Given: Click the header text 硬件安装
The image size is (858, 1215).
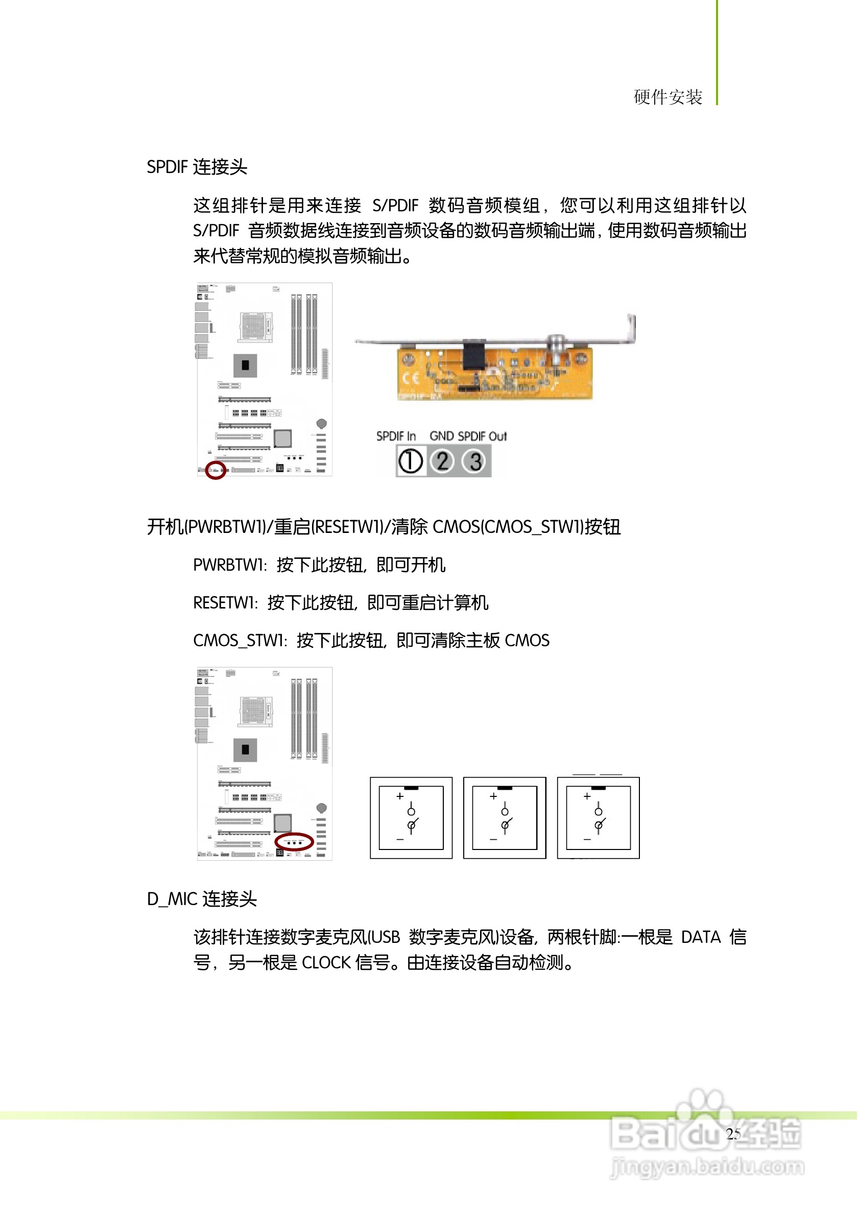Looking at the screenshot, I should (x=668, y=98).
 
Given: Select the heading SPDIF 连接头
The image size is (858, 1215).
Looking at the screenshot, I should (x=197, y=167).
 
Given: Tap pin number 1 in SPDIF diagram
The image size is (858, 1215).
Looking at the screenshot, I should (x=410, y=461).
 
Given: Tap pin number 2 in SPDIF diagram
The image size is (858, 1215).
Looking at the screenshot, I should (x=442, y=461).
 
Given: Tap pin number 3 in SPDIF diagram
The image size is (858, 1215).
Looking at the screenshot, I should (x=475, y=461).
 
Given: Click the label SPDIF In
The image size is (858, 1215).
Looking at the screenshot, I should (x=396, y=436).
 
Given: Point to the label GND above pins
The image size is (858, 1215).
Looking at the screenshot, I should (x=441, y=436).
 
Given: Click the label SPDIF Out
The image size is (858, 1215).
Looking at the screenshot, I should (x=482, y=436).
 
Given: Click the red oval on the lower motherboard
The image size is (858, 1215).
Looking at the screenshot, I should (x=295, y=841).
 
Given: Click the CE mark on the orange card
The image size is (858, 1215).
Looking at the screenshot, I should (x=411, y=378).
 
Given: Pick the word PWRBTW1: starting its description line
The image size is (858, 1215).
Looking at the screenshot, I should (x=230, y=566).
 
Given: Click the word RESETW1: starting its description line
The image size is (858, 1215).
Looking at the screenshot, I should (x=226, y=603).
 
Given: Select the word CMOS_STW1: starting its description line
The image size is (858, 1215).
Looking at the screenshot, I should (x=240, y=641).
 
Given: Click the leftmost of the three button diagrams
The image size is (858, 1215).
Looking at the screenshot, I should (x=411, y=818).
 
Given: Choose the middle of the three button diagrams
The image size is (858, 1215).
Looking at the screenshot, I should (x=505, y=818).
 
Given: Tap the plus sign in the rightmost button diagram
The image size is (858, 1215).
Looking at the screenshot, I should (x=586, y=796).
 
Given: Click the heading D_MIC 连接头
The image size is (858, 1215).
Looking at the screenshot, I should (x=202, y=900).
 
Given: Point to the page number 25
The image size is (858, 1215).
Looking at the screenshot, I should (x=733, y=1134).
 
